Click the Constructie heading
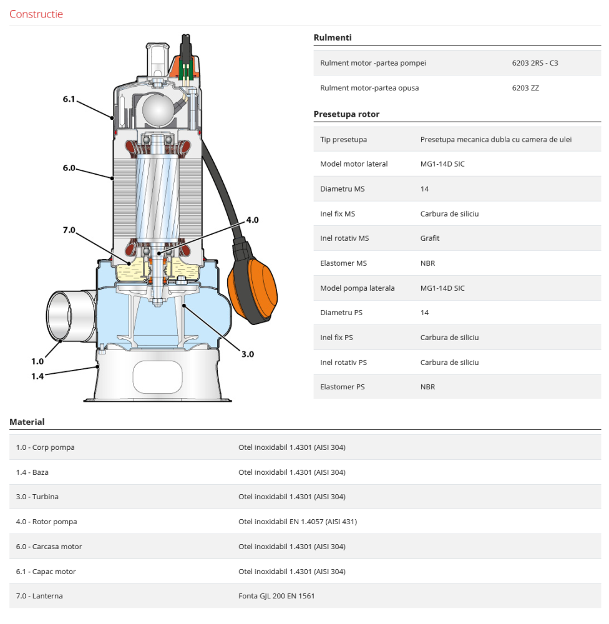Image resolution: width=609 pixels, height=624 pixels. pos(36,14)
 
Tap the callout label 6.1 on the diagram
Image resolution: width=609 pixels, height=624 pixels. pos(69,99)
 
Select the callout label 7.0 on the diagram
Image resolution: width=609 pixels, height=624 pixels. pos(69,230)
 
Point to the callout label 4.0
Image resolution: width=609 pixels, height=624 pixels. pos(252,220)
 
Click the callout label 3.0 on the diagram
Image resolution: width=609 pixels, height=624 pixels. pos(248,354)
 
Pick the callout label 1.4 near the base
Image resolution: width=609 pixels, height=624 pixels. pos(37,376)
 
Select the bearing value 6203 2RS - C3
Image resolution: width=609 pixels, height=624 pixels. pos(535,63)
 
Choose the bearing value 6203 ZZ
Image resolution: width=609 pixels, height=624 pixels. pos(525,88)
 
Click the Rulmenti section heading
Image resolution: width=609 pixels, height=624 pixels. pos(333,37)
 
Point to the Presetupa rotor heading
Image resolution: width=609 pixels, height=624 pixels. pos(346,114)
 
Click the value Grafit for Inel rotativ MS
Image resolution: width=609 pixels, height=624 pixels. pos(430,238)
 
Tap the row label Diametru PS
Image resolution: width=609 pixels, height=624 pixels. pos(341,313)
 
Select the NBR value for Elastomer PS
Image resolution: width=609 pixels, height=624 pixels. pos(427,387)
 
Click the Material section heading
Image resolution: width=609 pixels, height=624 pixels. pos(27,422)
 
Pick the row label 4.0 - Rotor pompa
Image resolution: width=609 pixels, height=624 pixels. pos(47,522)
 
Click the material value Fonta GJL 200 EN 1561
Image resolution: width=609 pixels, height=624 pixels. pos(276,596)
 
